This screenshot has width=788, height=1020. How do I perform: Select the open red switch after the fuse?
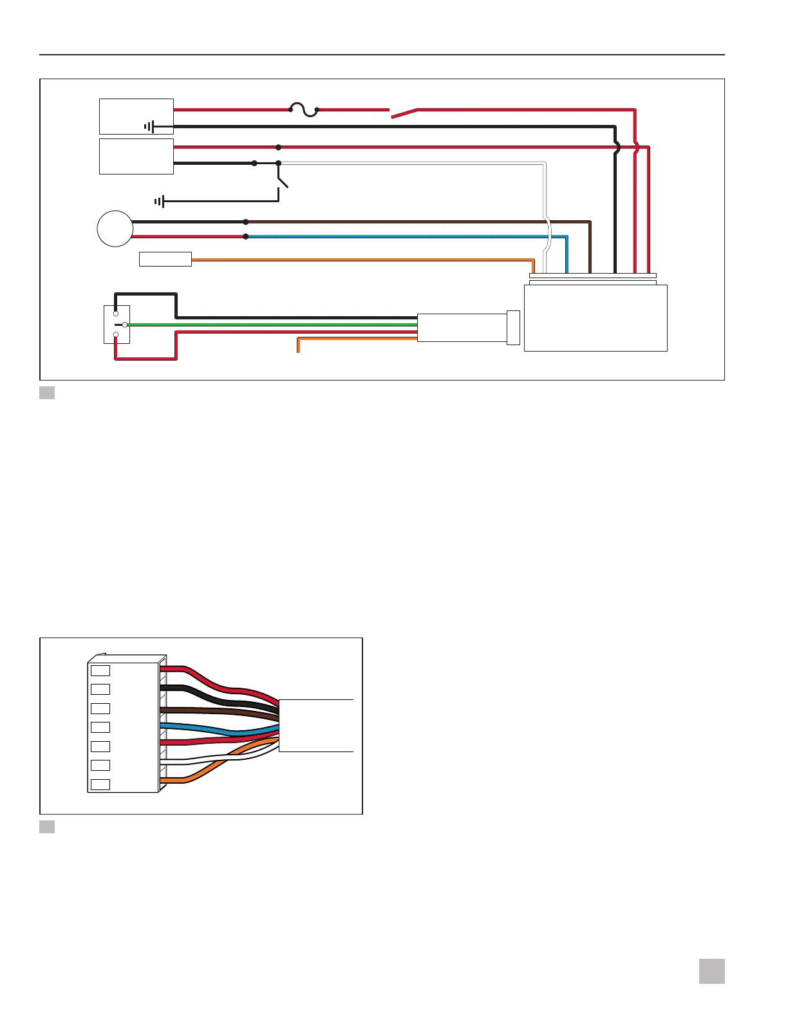pyautogui.click(x=404, y=114)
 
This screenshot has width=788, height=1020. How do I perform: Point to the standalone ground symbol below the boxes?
pyautogui.click(x=160, y=202)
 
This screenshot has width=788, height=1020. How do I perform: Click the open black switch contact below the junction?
pyautogui.click(x=282, y=180)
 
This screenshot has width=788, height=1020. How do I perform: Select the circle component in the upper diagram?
pyautogui.click(x=115, y=229)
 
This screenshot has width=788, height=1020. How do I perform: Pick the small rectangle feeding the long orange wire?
pyautogui.click(x=165, y=259)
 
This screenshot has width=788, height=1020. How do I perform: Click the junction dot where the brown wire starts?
pyautogui.click(x=246, y=222)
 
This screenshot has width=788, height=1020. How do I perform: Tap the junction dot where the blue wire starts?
pyautogui.click(x=246, y=236)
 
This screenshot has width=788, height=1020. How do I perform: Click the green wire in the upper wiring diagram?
pyautogui.click(x=270, y=325)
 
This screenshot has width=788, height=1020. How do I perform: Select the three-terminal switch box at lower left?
pyautogui.click(x=117, y=325)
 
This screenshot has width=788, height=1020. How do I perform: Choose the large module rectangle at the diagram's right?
pyautogui.click(x=596, y=318)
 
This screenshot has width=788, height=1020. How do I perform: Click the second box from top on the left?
pyautogui.click(x=136, y=156)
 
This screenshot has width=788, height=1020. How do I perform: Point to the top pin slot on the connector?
pyautogui.click(x=100, y=670)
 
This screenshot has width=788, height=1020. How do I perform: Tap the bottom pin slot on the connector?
pyautogui.click(x=100, y=784)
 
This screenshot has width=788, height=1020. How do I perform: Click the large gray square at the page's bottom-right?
pyautogui.click(x=711, y=971)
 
